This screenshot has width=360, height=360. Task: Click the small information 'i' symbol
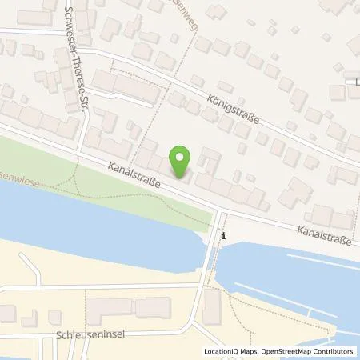point(224,236)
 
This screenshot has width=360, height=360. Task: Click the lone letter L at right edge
point(356,80)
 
